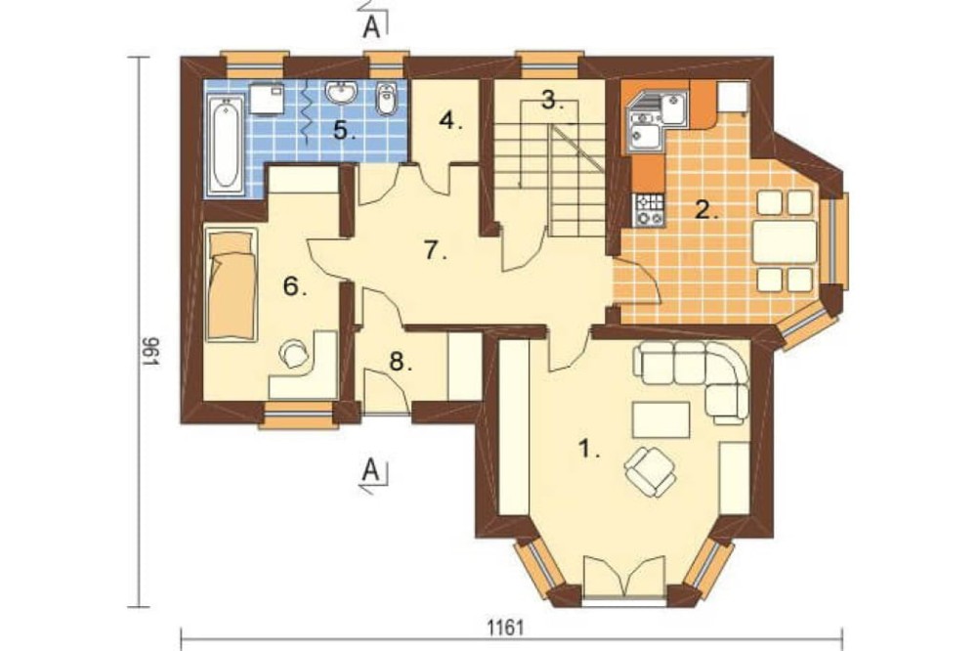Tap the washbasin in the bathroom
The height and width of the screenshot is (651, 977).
pos(340,94)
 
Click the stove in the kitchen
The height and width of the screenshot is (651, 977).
pos(648,209)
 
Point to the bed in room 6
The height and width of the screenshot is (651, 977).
pos(232,285)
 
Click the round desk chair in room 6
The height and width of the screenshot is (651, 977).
pos(294,354)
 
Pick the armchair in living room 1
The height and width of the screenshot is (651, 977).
pos(650,471)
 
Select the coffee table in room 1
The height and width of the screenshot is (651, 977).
pos(660,420)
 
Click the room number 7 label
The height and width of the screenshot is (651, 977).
pos(435,250)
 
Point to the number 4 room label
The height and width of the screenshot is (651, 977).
pos(450,120)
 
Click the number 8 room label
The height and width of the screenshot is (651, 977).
pos(400,362)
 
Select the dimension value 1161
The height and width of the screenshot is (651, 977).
pos(505,628)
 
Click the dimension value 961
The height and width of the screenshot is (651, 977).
pos(149,352)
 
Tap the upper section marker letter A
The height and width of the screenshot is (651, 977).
pos(371,26)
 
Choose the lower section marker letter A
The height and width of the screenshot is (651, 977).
pos(371,469)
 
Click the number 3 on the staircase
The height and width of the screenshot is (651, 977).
pos(548,99)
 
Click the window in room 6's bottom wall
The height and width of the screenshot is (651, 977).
pos(298,414)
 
